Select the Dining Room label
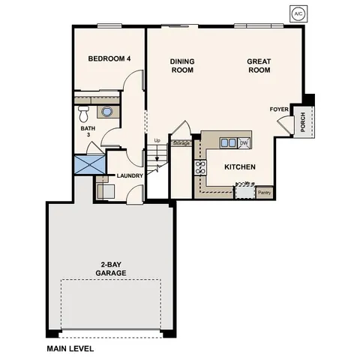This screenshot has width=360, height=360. click(181, 66)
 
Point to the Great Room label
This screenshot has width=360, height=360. click(259, 66)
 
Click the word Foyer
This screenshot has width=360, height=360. click(278, 109)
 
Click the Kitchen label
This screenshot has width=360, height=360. click(240, 166)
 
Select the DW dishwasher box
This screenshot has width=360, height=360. click(244, 142)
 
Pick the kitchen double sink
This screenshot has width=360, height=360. click(228, 142)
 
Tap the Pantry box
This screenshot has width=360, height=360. click(264, 192)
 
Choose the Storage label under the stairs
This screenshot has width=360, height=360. click(181, 142)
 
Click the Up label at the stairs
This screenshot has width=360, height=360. click(157, 140)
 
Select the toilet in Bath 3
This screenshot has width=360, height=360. click(84, 114)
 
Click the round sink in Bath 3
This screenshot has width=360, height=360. click(108, 112)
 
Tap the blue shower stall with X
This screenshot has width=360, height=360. click(89, 165)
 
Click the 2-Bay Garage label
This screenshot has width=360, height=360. click(109, 268)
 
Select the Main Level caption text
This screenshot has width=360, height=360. click(70, 349)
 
